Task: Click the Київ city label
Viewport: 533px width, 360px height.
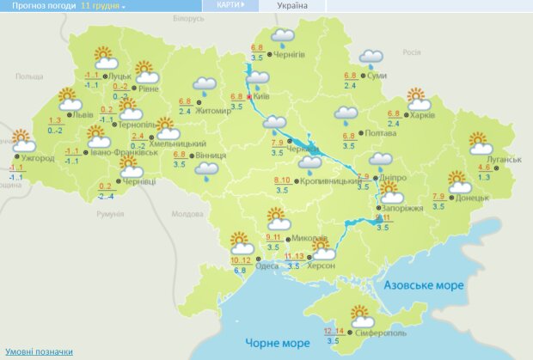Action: (x=262, y=97)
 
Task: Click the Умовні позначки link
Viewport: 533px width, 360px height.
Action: (x=39, y=351)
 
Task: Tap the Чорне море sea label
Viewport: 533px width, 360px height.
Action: (x=278, y=342)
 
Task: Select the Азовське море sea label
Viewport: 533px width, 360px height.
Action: (x=423, y=284)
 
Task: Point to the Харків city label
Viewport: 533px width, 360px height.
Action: (x=424, y=114)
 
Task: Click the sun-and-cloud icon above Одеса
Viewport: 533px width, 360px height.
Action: (x=242, y=243)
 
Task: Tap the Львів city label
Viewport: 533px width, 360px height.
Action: (x=83, y=113)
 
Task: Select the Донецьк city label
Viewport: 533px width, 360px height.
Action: (x=472, y=197)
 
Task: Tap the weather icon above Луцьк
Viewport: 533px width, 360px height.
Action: (x=106, y=58)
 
